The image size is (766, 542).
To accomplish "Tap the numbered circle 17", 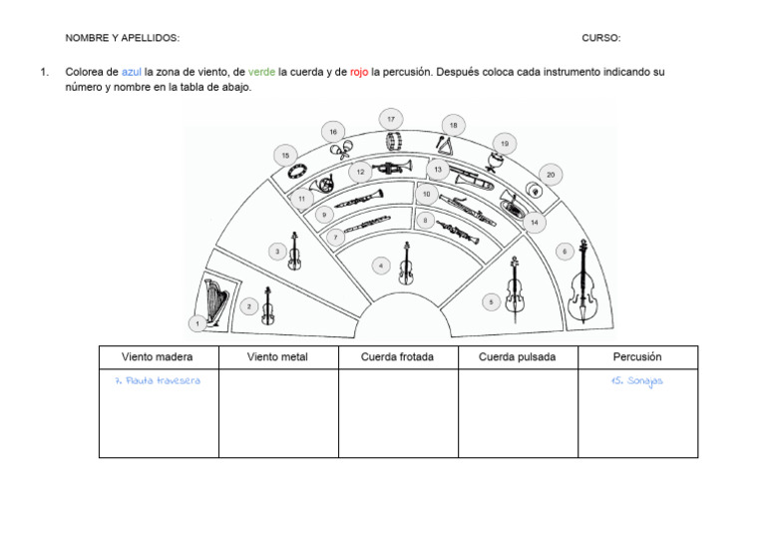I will [x=391, y=120].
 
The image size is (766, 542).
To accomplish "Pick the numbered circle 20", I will [x=551, y=175].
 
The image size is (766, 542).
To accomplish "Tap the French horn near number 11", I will [x=324, y=185].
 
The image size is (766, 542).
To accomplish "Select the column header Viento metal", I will [x=278, y=357].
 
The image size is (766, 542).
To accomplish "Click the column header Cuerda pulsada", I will [x=518, y=357].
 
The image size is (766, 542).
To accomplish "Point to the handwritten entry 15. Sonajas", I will [x=637, y=380].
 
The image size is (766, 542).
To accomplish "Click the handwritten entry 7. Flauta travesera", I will [x=158, y=380].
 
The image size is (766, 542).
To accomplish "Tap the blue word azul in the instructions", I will [x=132, y=72].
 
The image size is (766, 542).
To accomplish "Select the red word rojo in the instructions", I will [x=360, y=72].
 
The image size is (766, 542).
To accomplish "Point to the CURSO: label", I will [x=601, y=38].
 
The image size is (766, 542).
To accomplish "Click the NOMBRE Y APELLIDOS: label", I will [x=123, y=38].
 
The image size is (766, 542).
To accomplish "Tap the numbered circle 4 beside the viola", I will [x=381, y=266].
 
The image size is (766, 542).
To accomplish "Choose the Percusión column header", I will [x=637, y=357].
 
